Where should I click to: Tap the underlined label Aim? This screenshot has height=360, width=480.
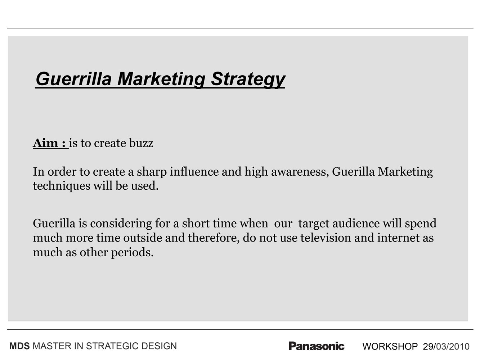click(x=45, y=143)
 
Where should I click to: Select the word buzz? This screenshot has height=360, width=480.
click(x=141, y=143)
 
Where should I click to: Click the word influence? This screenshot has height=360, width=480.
click(x=194, y=172)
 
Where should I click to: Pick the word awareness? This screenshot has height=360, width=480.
click(x=300, y=172)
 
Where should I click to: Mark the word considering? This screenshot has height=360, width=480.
click(x=121, y=224)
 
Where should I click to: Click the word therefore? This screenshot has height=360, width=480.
click(x=214, y=238)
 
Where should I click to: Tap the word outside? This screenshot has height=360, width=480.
click(x=143, y=238)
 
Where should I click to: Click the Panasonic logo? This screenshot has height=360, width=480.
click(x=317, y=346)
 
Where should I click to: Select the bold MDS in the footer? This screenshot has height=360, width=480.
click(x=19, y=346)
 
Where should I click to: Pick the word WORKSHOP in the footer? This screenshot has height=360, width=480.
click(x=390, y=346)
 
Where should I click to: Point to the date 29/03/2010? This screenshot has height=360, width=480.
click(x=446, y=346)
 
